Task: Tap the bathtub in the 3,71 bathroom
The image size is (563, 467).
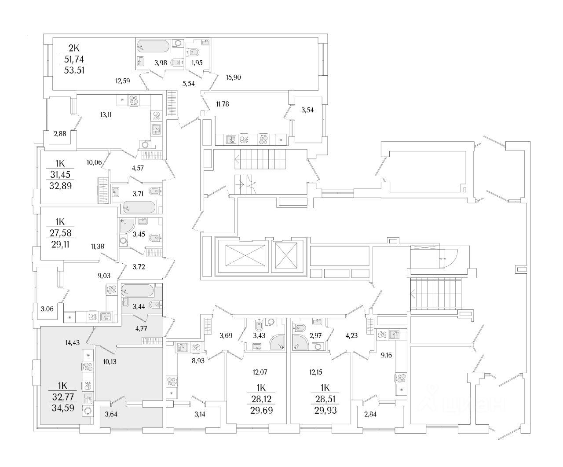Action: click(x=139, y=206)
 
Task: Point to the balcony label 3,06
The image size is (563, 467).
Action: click(x=48, y=309)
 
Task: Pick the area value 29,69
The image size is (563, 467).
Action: click(x=261, y=411)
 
